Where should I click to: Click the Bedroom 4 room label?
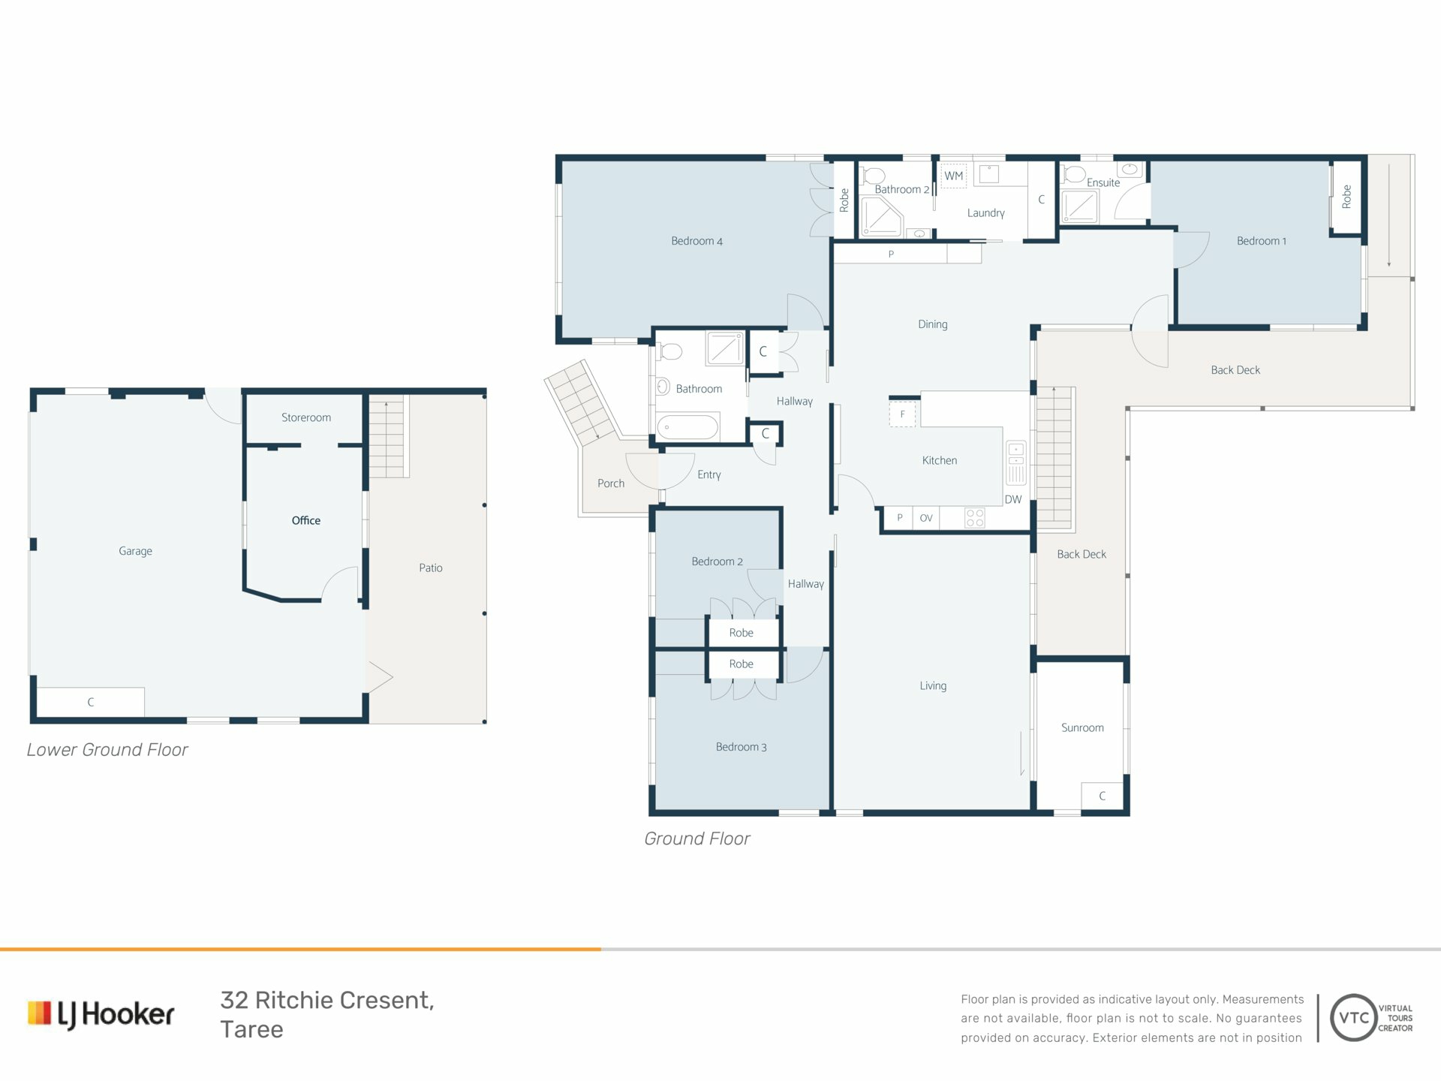click(x=696, y=241)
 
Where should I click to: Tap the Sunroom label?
click(x=1082, y=727)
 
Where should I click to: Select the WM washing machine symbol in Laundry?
click(x=954, y=176)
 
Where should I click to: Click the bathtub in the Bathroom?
click(x=688, y=427)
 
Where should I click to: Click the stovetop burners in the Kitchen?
click(x=975, y=518)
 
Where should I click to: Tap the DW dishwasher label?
click(x=1013, y=499)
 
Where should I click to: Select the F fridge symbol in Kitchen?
click(x=903, y=414)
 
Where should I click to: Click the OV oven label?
click(x=926, y=518)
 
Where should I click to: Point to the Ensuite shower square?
click(x=1079, y=206)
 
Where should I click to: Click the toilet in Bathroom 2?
click(x=873, y=176)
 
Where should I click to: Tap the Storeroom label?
click(x=306, y=417)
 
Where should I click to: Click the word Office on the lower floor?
click(x=306, y=520)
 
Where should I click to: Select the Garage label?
click(x=135, y=551)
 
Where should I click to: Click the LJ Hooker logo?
click(x=101, y=1014)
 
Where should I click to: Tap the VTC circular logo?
click(x=1353, y=1018)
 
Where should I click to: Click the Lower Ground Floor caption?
click(x=107, y=749)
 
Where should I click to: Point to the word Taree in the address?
click(x=251, y=1029)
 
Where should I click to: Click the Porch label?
click(x=611, y=483)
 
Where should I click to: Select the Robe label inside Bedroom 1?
click(x=1346, y=197)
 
